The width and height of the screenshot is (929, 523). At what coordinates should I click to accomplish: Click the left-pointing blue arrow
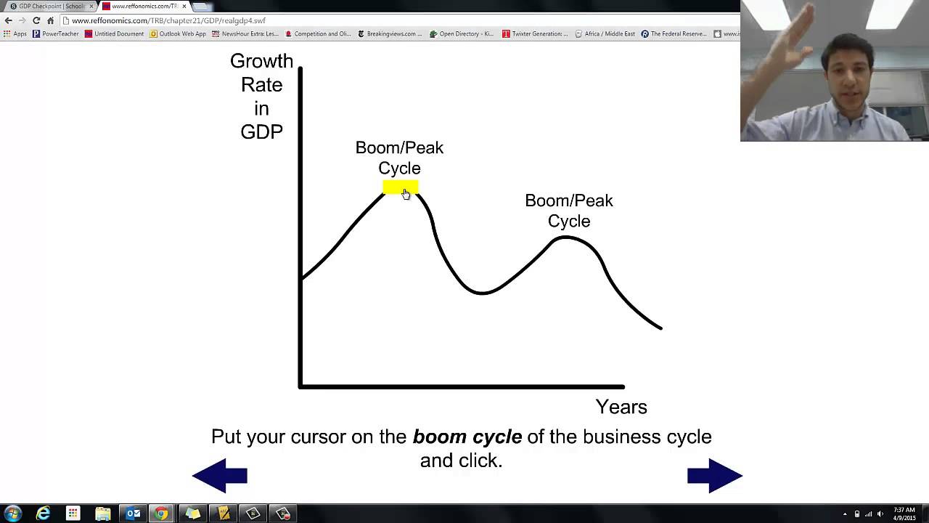click(220, 476)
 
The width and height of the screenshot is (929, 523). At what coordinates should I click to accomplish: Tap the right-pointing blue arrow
click(714, 476)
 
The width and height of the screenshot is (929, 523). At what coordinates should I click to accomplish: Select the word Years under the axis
click(621, 407)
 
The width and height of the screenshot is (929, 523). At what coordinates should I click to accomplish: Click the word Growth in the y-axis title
click(261, 61)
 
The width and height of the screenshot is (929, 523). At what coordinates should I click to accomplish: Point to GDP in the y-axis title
click(261, 131)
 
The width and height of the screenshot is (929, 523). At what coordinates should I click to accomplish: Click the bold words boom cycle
click(467, 437)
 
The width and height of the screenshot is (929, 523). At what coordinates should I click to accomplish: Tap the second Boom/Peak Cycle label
click(568, 210)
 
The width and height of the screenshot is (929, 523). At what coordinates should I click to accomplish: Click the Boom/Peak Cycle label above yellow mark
click(399, 158)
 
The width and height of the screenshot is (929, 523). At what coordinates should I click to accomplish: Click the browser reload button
click(36, 20)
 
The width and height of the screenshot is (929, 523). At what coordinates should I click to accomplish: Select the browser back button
click(9, 20)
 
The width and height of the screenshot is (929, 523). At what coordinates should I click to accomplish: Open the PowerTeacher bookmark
click(56, 33)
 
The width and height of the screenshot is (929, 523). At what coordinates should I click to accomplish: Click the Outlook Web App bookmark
click(178, 33)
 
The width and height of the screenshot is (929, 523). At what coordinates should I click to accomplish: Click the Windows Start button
click(12, 514)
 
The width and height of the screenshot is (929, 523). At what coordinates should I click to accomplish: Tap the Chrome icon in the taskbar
click(161, 514)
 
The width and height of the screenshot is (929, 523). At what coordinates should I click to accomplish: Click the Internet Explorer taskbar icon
click(44, 514)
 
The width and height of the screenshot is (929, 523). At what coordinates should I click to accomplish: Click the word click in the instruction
click(480, 460)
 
